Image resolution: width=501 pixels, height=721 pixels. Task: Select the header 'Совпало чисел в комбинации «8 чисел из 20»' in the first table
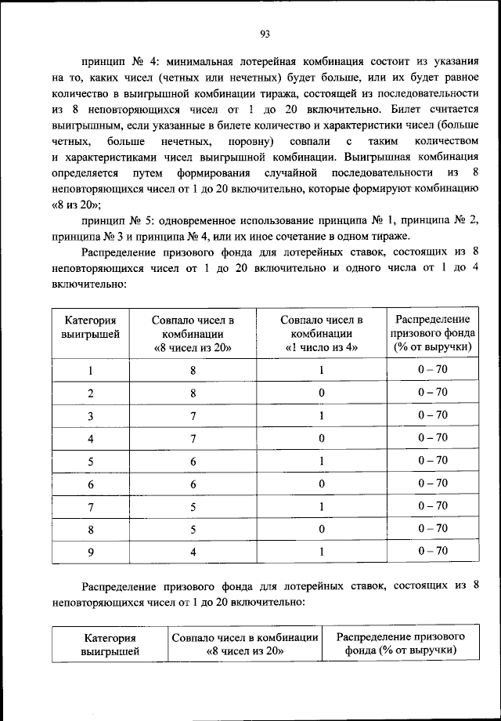(x=193, y=333)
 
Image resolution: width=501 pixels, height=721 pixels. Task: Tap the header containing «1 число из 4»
(x=321, y=333)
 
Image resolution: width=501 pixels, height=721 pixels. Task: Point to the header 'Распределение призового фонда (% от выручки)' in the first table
(x=432, y=333)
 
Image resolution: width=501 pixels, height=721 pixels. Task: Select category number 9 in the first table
(x=90, y=552)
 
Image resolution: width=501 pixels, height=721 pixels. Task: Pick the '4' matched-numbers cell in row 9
(x=193, y=552)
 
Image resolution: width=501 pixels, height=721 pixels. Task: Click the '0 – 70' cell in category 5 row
(x=432, y=461)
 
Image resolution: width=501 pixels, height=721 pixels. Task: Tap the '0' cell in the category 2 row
(x=321, y=393)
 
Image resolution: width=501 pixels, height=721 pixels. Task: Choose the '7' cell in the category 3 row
(x=193, y=415)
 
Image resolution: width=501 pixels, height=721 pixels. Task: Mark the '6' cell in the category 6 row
(x=193, y=484)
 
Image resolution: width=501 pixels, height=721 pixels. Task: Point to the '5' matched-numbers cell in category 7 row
(x=193, y=506)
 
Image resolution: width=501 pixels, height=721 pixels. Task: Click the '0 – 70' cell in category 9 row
(x=432, y=551)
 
